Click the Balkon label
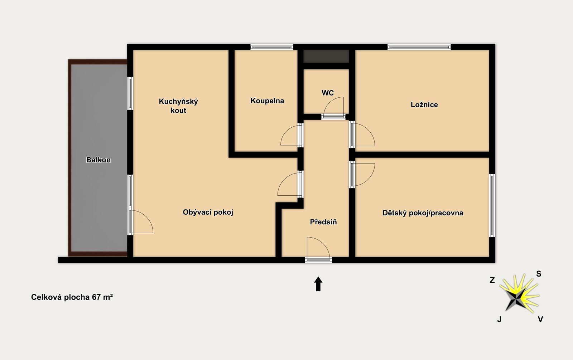pyautogui.click(x=98, y=160)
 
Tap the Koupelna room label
pyautogui.click(x=267, y=101)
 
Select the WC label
pyautogui.click(x=328, y=93)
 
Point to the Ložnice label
pyautogui.click(x=424, y=104)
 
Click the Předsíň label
pyautogui.click(x=323, y=222)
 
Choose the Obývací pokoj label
pyautogui.click(x=208, y=212)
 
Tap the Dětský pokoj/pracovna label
pyautogui.click(x=423, y=213)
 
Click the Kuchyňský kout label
pyautogui.click(x=178, y=106)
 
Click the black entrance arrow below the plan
pyautogui.click(x=318, y=284)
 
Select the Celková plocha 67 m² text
pyautogui.click(x=72, y=297)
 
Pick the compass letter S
pyautogui.click(x=539, y=274)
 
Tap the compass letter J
pyautogui.click(x=499, y=319)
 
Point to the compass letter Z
pyautogui.click(x=492, y=280)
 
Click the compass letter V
pyautogui.click(x=540, y=319)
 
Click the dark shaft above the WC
pyautogui.click(x=326, y=56)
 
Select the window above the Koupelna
pyautogui.click(x=272, y=47)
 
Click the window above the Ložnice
pyautogui.click(x=419, y=47)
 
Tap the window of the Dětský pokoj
pyautogui.click(x=492, y=205)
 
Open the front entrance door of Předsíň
pyautogui.click(x=318, y=260)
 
